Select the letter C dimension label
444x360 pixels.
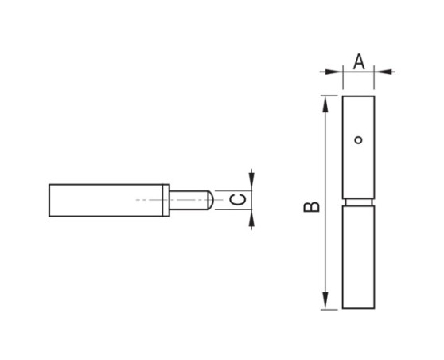pos(237,200)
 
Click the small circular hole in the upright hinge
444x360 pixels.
pos(359,140)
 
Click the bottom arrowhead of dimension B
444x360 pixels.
pos(325,303)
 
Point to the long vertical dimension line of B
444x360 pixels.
pos(325,239)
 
